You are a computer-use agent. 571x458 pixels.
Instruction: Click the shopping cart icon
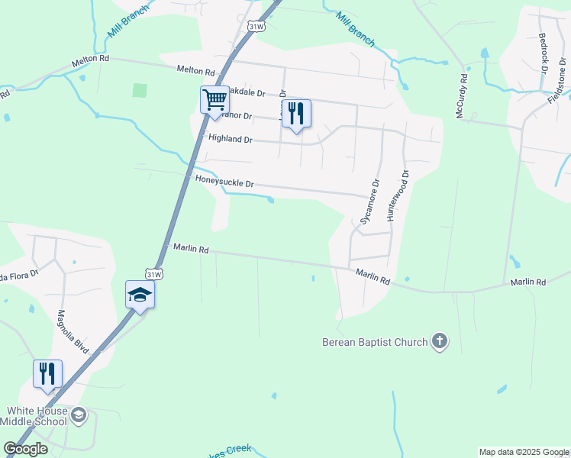pyautogui.click(x=215, y=98)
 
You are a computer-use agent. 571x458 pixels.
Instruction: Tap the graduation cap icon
pyautogui.click(x=140, y=294)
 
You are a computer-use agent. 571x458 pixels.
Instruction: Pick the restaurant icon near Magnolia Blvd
pyautogui.click(x=48, y=373)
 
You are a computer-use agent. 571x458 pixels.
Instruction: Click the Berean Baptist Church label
pyautogui.click(x=375, y=342)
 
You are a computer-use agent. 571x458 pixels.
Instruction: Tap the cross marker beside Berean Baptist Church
pyautogui.click(x=440, y=341)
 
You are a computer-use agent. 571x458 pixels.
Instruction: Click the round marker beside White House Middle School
pyautogui.click(x=79, y=415)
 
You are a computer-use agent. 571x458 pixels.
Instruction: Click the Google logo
pyautogui.click(x=25, y=449)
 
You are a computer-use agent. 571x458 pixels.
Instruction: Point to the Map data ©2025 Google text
pyautogui.click(x=523, y=452)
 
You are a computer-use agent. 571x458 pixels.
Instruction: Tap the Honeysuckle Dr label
pyautogui.click(x=224, y=184)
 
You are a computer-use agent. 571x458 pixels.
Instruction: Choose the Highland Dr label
pyautogui.click(x=230, y=139)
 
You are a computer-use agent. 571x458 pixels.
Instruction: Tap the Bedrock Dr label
pyautogui.click(x=543, y=50)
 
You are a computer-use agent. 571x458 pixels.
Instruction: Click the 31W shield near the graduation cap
pyautogui.click(x=154, y=275)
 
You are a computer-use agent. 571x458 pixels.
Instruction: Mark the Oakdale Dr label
pyautogui.click(x=246, y=92)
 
